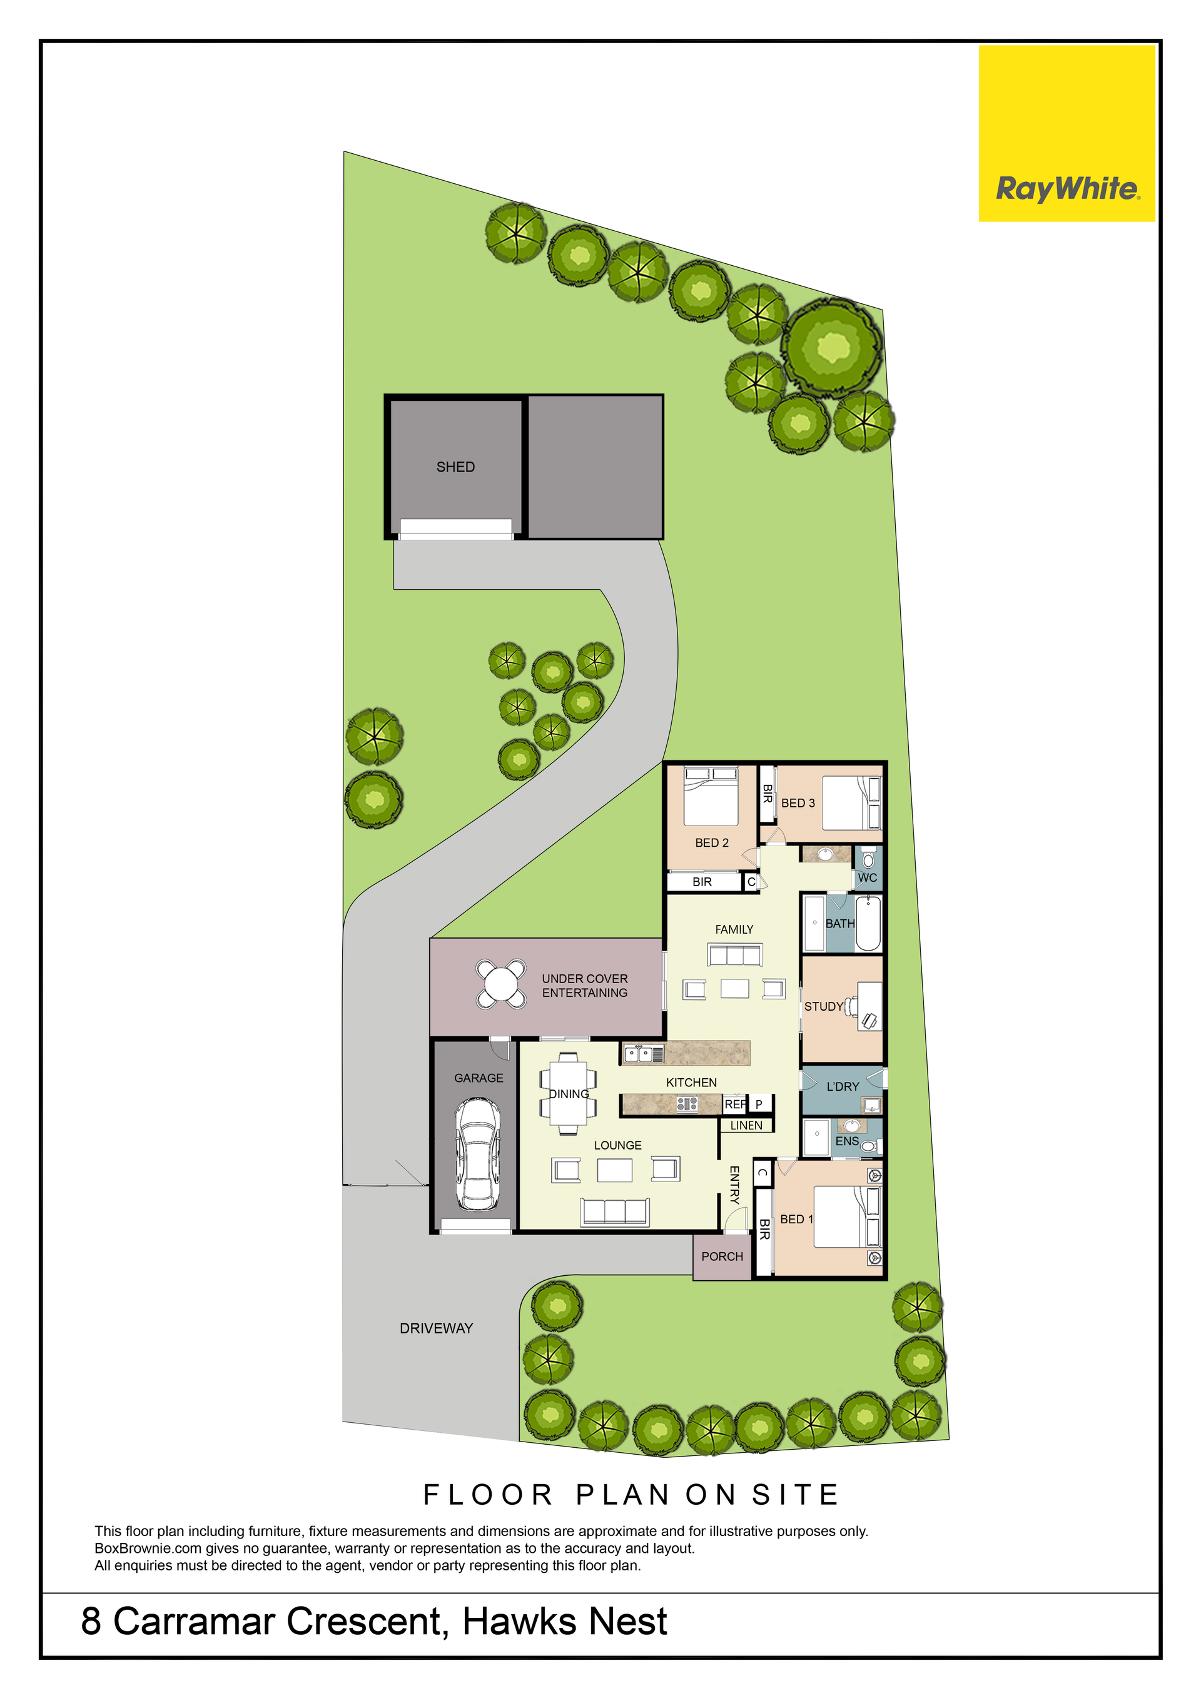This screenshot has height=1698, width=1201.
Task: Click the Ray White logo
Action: pyautogui.click(x=1067, y=133)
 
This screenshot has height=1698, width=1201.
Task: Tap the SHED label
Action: pyautogui.click(x=455, y=467)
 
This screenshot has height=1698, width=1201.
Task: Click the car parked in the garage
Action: pyautogui.click(x=478, y=1154)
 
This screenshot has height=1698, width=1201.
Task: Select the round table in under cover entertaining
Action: pyautogui.click(x=502, y=984)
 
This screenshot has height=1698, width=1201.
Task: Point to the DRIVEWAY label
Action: pyautogui.click(x=437, y=1328)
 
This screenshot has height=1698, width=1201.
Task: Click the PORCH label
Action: pyautogui.click(x=722, y=1256)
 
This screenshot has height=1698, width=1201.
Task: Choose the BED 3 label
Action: pyautogui.click(x=798, y=802)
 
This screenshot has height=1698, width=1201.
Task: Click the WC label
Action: pyautogui.click(x=868, y=878)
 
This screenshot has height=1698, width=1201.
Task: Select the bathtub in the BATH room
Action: pyautogui.click(x=868, y=923)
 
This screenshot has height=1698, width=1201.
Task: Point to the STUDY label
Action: pyautogui.click(x=824, y=1006)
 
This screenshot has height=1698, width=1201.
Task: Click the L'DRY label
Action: pyautogui.click(x=843, y=1086)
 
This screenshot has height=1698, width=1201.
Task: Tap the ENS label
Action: pyautogui.click(x=847, y=1141)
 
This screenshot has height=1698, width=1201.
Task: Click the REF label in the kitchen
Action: pyautogui.click(x=735, y=1104)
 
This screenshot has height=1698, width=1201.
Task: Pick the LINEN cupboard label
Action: pyautogui.click(x=746, y=1126)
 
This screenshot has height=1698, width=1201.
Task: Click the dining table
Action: pyautogui.click(x=568, y=1093)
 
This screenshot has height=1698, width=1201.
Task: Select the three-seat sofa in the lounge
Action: pyautogui.click(x=616, y=1212)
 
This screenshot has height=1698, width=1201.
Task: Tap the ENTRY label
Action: pyautogui.click(x=734, y=1185)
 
